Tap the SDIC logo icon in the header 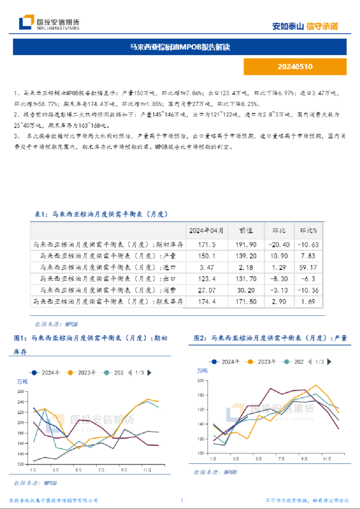click(x=26, y=23)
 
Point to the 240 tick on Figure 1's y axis click(x=22, y=393)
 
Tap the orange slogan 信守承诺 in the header click(x=322, y=26)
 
